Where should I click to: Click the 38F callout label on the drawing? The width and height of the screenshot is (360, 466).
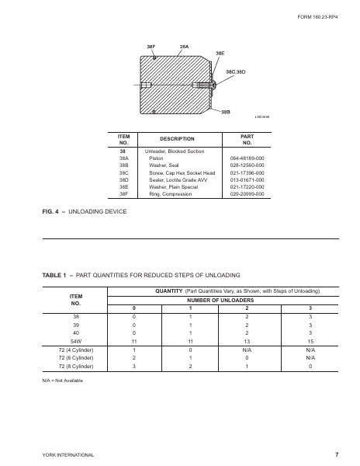pyautogui.click(x=152, y=47)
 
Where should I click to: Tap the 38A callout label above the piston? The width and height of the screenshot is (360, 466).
pyautogui.click(x=185, y=47)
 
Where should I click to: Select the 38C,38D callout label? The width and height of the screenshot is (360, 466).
pyautogui.click(x=235, y=71)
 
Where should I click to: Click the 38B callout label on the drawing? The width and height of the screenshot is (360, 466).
pyautogui.click(x=225, y=113)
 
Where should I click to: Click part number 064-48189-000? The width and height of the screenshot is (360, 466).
pyautogui.click(x=248, y=158)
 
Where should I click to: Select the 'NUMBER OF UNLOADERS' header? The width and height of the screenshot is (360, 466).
pyautogui.click(x=216, y=300)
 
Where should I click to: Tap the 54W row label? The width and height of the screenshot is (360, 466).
pyautogui.click(x=76, y=339)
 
